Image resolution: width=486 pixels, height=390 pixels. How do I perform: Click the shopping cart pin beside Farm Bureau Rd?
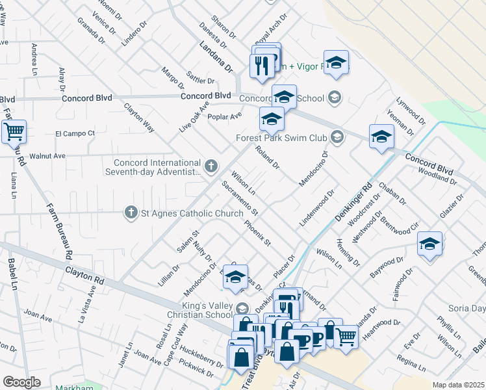click(x=13, y=131)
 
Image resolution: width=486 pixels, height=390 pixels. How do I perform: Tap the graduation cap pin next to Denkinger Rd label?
click(x=381, y=137)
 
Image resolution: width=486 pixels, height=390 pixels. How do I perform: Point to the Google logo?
click(x=21, y=382)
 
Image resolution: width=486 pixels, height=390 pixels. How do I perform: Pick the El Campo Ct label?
click(x=75, y=134)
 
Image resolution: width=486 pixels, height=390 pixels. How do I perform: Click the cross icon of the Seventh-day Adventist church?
click(x=211, y=167)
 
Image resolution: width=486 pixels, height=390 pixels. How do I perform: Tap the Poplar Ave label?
click(x=224, y=116)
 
